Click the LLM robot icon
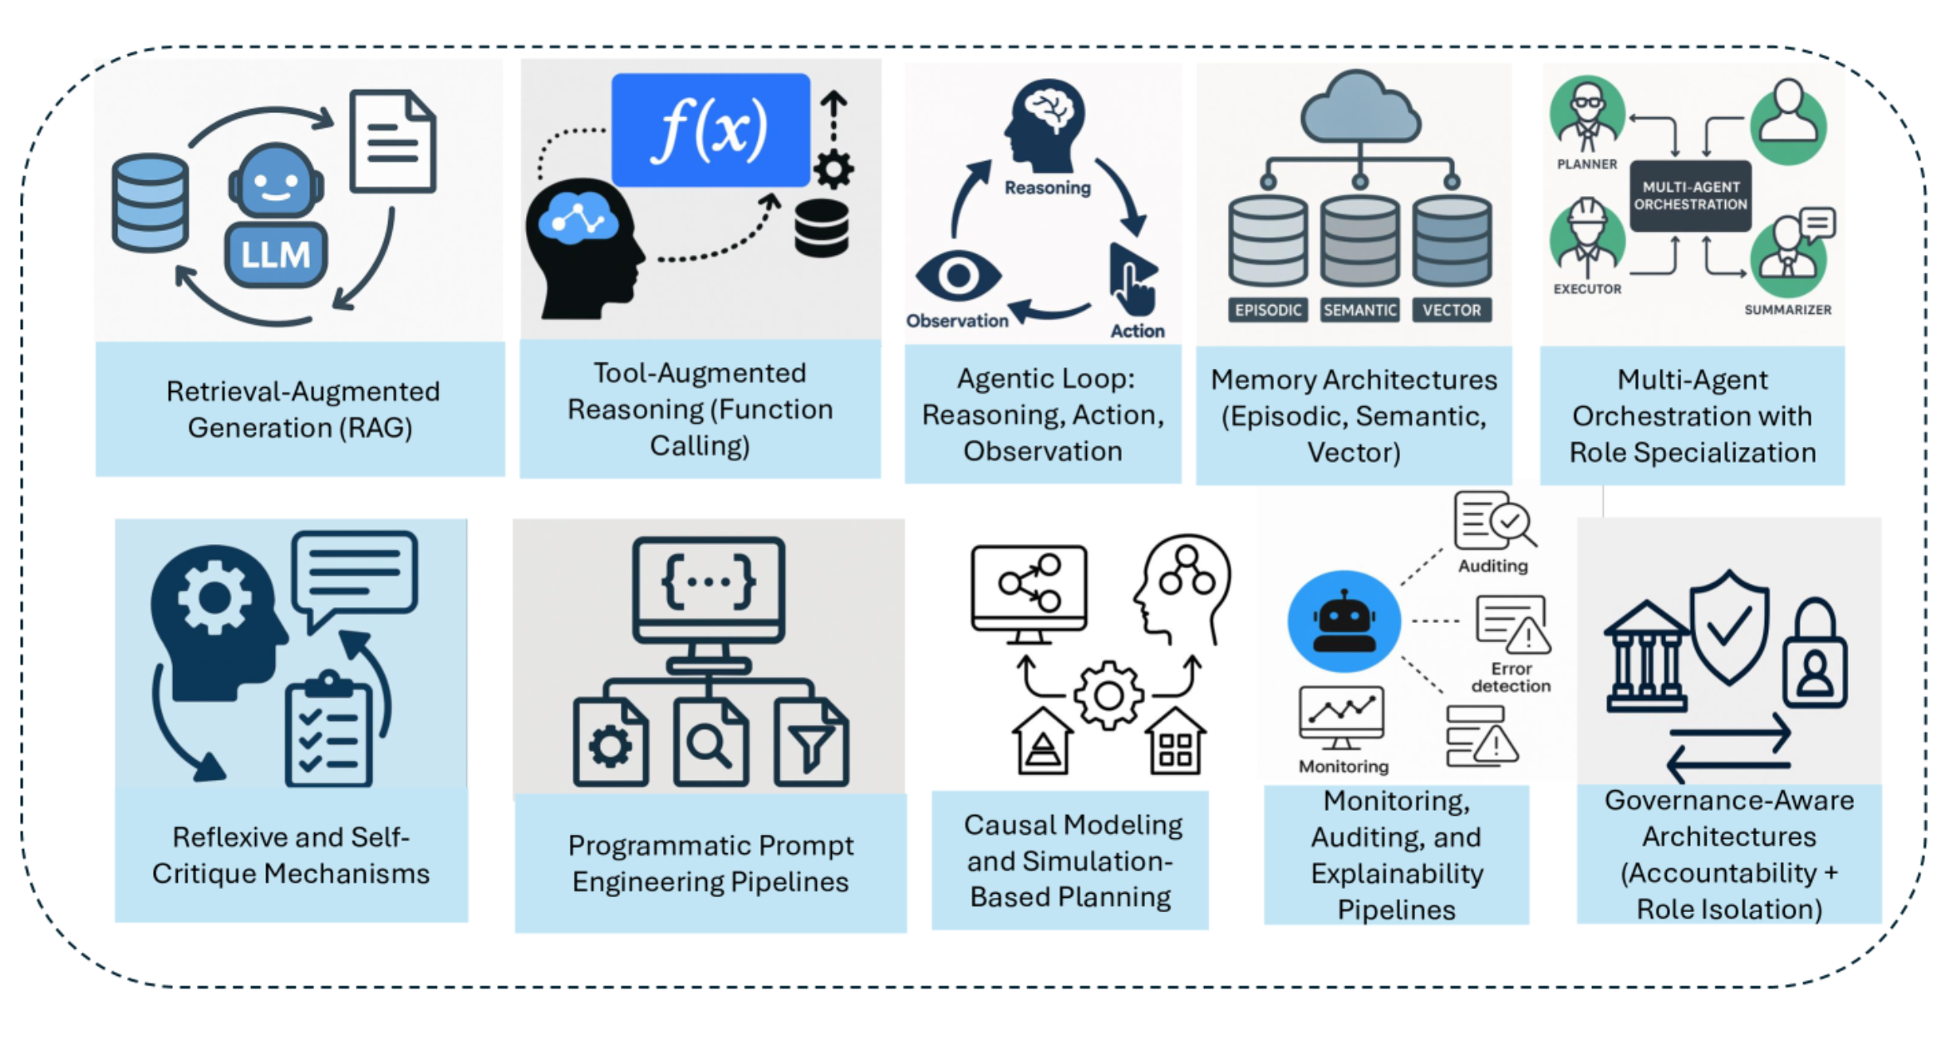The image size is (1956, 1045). click(276, 218)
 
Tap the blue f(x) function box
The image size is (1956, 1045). click(710, 130)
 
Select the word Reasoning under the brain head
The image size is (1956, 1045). click(1047, 188)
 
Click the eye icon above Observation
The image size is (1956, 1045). click(958, 276)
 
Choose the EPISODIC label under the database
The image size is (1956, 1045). click(1267, 310)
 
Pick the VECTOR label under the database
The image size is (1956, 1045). click(1451, 310)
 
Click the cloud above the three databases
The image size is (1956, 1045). click(1359, 108)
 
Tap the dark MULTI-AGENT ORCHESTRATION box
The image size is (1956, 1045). click(1690, 196)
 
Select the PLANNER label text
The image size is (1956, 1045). click(1587, 164)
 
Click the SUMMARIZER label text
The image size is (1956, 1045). click(1787, 310)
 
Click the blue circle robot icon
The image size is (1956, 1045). click(1344, 621)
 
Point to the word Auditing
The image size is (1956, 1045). click(1492, 566)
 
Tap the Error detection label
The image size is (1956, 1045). click(1511, 677)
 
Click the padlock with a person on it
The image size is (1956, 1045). click(1815, 656)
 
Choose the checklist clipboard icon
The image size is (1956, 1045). click(328, 731)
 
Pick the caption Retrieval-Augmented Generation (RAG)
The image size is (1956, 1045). click(301, 409)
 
